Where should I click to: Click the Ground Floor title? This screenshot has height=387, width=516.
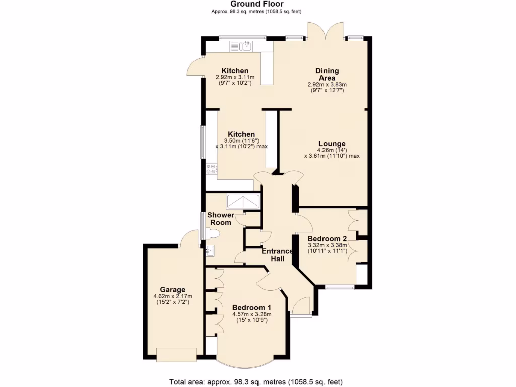click(x=257, y=4)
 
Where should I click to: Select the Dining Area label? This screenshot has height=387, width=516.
click(x=327, y=74)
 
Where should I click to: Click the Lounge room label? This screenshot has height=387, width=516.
click(x=332, y=144)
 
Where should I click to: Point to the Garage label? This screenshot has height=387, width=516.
click(x=173, y=290)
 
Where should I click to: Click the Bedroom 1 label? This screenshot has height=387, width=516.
click(x=251, y=308)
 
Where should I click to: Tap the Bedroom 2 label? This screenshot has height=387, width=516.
click(x=327, y=239)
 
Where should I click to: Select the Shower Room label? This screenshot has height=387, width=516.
click(x=221, y=219)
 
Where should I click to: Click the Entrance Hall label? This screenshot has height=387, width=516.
click(x=277, y=255)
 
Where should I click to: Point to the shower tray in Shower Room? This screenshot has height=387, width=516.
click(x=243, y=201)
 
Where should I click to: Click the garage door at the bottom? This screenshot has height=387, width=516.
click(x=176, y=355)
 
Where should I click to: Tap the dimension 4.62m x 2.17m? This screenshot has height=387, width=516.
click(x=173, y=296)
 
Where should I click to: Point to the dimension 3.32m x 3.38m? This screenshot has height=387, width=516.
click(x=327, y=246)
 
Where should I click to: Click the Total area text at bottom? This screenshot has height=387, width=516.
click(x=258, y=381)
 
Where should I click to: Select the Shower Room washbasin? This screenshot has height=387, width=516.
click(x=211, y=250)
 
